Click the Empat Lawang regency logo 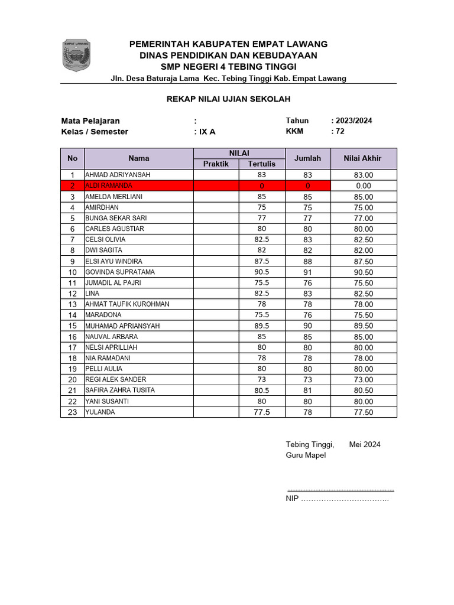point(76,56)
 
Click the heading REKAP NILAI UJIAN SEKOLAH point(228,99)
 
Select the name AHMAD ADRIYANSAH point(118,175)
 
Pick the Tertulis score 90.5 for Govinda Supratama point(262,272)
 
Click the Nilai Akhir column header point(363,158)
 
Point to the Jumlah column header point(307,158)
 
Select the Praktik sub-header point(216,164)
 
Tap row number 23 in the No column point(72,412)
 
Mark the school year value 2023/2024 point(354,121)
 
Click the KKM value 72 point(339,131)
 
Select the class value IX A point(207,132)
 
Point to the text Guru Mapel point(306,456)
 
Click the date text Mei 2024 point(365,444)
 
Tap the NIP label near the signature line point(292,499)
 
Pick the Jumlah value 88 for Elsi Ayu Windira point(307,261)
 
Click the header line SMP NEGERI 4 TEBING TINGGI point(228,67)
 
